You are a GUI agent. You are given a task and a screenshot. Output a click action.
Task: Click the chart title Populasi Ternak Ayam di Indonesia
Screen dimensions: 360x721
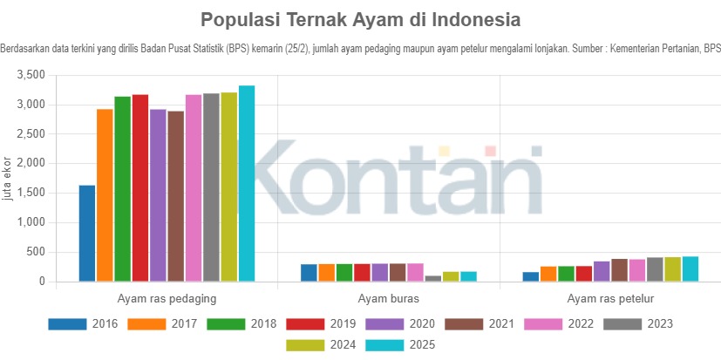click(x=360, y=19)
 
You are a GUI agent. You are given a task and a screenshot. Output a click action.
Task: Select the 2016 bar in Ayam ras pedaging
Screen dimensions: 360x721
click(x=87, y=234)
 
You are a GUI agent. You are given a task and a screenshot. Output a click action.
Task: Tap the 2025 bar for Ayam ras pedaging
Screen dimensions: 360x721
click(x=247, y=183)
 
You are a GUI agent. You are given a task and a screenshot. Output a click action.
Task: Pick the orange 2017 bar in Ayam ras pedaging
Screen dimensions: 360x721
click(x=105, y=195)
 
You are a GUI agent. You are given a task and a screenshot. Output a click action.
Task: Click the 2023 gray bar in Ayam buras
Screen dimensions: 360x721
click(x=433, y=278)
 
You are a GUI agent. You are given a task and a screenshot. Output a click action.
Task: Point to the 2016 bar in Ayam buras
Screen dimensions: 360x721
click(x=309, y=273)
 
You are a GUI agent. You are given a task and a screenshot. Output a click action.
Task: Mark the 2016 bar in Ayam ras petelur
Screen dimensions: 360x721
click(x=531, y=276)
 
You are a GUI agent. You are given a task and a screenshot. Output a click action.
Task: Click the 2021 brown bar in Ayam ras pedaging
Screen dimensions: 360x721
click(x=176, y=196)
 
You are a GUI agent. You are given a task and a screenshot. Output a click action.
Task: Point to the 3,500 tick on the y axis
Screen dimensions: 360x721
click(x=31, y=76)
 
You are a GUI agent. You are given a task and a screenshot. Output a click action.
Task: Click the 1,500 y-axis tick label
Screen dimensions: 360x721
click(x=31, y=194)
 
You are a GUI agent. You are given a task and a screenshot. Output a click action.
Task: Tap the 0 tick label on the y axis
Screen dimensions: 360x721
click(x=40, y=282)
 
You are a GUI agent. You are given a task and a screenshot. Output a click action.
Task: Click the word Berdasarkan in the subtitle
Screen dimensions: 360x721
click(x=26, y=48)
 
